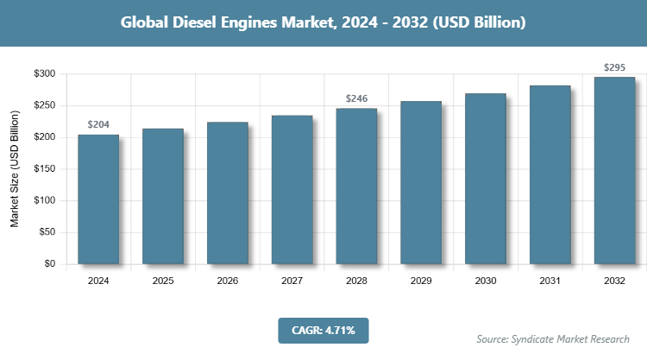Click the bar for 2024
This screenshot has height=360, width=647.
point(98,199)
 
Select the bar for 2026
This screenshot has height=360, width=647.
point(228,193)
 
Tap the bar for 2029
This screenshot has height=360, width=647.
point(421,182)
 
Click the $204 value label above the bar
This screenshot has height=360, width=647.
point(98,125)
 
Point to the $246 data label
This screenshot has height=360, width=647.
point(356,98)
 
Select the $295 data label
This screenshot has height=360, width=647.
point(614,67)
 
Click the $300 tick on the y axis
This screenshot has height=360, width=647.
point(44,74)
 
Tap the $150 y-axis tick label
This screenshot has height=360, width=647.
point(44,169)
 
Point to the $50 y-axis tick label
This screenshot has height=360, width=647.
point(47,232)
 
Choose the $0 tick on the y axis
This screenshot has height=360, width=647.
point(50,264)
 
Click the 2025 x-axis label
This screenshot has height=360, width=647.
point(163,281)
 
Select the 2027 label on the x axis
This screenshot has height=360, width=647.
point(292,281)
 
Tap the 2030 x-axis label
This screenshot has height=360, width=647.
point(486,281)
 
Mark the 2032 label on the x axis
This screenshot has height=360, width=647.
point(614,281)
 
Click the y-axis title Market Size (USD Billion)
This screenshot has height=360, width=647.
point(15,169)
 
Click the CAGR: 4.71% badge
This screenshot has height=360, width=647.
point(323,330)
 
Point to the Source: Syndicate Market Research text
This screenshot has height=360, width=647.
point(552,338)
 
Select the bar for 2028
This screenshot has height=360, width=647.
point(356,186)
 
